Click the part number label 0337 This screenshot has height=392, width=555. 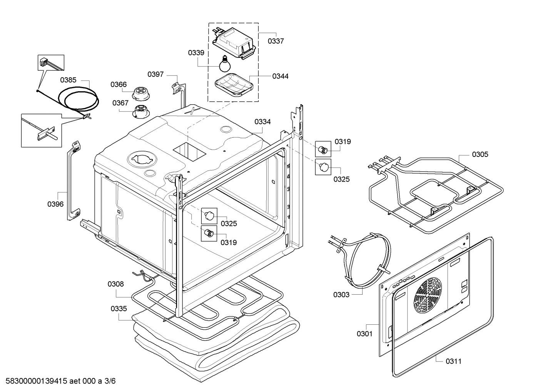(x=276, y=41)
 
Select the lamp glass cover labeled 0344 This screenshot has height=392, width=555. (x=234, y=85)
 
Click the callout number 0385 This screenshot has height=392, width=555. (x=68, y=80)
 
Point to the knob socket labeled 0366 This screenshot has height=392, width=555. (x=141, y=93)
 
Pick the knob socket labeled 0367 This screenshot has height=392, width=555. (x=141, y=112)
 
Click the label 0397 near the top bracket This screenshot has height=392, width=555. (x=155, y=74)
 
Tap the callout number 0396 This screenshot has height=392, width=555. (x=55, y=204)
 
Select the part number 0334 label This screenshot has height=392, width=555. (x=262, y=122)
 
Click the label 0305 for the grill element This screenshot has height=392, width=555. (x=480, y=155)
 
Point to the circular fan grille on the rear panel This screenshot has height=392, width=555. (x=427, y=295)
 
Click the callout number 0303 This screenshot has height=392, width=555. (x=341, y=295)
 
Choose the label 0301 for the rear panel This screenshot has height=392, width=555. (x=364, y=334)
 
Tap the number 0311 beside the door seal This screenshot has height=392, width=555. (x=453, y=362)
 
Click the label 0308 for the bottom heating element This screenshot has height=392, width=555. (x=115, y=284)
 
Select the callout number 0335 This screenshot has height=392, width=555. (x=119, y=309)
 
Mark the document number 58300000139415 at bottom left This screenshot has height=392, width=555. (x=36, y=381)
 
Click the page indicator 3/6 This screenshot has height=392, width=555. (x=110, y=381)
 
